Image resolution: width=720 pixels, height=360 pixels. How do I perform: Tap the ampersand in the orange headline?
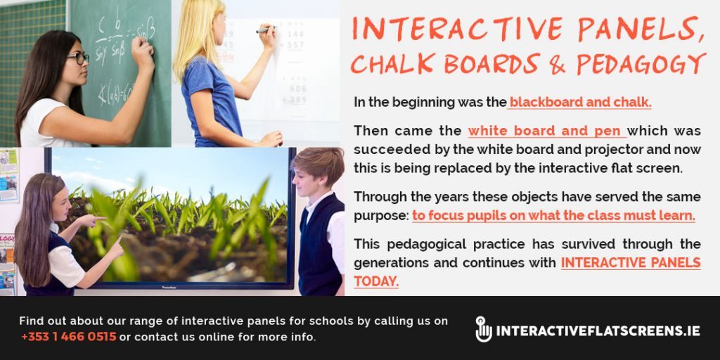[x=557, y=64]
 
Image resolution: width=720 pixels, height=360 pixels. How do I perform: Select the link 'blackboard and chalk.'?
[x=581, y=103]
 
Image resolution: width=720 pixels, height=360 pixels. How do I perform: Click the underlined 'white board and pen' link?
[x=546, y=131]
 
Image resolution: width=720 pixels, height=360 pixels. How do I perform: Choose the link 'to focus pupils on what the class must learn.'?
[x=553, y=216]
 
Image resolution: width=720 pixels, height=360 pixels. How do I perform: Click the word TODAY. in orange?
[x=376, y=281]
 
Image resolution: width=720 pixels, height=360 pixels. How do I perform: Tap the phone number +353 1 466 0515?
[x=68, y=337]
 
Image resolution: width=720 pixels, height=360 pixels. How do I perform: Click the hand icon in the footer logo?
[x=483, y=329]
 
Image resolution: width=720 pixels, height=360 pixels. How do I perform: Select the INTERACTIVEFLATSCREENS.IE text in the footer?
[x=598, y=330]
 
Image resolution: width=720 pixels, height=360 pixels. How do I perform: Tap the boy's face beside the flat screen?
[x=309, y=176]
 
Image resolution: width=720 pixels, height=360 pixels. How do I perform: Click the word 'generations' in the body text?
[x=390, y=263]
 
